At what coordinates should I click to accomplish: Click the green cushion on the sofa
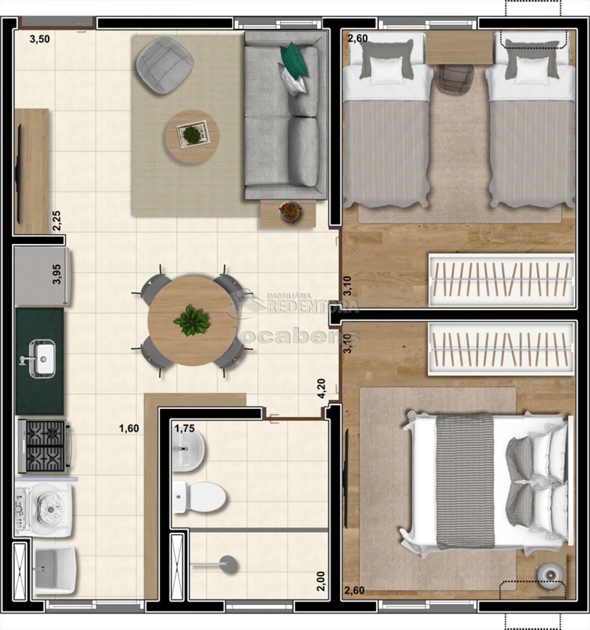pyautogui.click(x=293, y=59)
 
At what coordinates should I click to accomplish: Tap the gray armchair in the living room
pyautogui.click(x=165, y=65)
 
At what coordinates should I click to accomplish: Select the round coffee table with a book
pyautogui.click(x=192, y=137)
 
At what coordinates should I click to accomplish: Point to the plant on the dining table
pyautogui.click(x=191, y=321)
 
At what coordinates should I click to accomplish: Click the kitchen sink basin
pyautogui.click(x=42, y=358)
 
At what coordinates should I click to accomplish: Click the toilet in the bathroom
pyautogui.click(x=199, y=497)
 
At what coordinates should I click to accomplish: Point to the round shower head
pyautogui.click(x=229, y=564)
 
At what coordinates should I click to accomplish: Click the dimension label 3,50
pyautogui.click(x=40, y=39)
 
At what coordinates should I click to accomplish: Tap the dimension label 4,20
pyautogui.click(x=322, y=388)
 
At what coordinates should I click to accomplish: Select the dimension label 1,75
pyautogui.click(x=185, y=428)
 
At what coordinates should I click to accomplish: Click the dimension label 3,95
pyautogui.click(x=57, y=274)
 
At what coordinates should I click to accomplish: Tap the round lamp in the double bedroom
pyautogui.click(x=550, y=574)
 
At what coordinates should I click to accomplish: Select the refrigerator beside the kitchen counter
pyautogui.click(x=43, y=276)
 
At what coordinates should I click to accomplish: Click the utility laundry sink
pyautogui.click(x=55, y=571)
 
